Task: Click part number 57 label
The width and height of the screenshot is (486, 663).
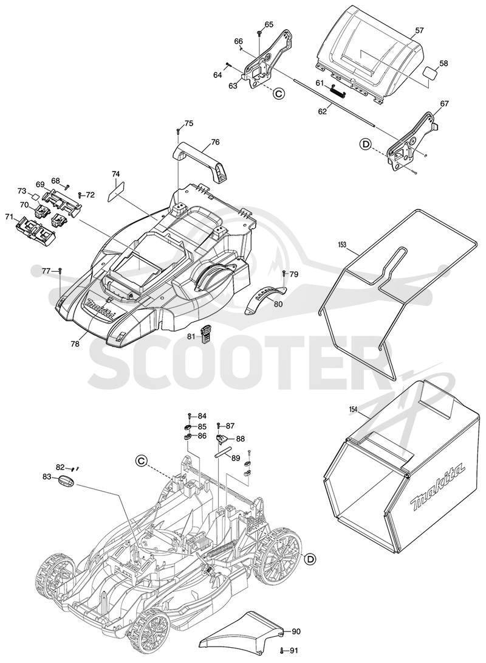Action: point(419,30)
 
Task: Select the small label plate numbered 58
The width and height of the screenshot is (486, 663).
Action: point(430,73)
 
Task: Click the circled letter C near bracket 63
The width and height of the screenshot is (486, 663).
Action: point(279,94)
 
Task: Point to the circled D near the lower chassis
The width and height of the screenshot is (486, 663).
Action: point(310,559)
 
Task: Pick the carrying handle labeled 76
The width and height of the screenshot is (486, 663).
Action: point(200,162)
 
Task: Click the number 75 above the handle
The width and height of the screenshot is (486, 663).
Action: point(189,123)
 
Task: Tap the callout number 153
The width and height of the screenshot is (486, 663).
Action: point(343,245)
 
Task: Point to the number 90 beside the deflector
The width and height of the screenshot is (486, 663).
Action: point(296,632)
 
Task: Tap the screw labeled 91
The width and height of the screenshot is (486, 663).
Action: point(281,650)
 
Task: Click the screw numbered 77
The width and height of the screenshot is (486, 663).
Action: point(60,270)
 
